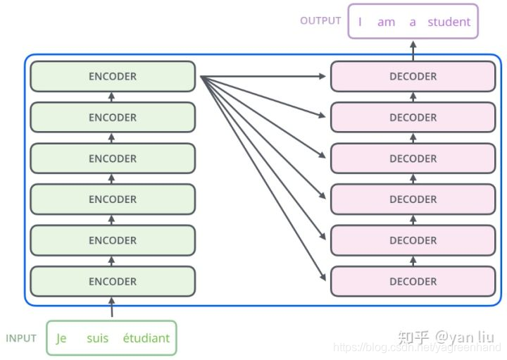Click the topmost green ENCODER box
click(113, 76)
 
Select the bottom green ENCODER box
click(113, 281)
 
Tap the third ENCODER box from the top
click(113, 159)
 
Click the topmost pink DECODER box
click(413, 76)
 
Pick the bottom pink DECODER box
click(413, 281)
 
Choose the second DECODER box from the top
click(413, 118)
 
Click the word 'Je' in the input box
click(61, 338)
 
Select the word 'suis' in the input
click(98, 338)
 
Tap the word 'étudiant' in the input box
click(146, 338)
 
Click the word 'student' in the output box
click(449, 22)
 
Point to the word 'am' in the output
click(386, 22)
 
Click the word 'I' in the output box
click(360, 22)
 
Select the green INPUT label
click(21, 338)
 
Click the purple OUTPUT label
click(320, 20)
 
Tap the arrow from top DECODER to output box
click(413, 49)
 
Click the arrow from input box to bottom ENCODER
click(112, 308)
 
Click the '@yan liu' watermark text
click(466, 337)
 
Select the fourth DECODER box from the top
click(413, 199)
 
